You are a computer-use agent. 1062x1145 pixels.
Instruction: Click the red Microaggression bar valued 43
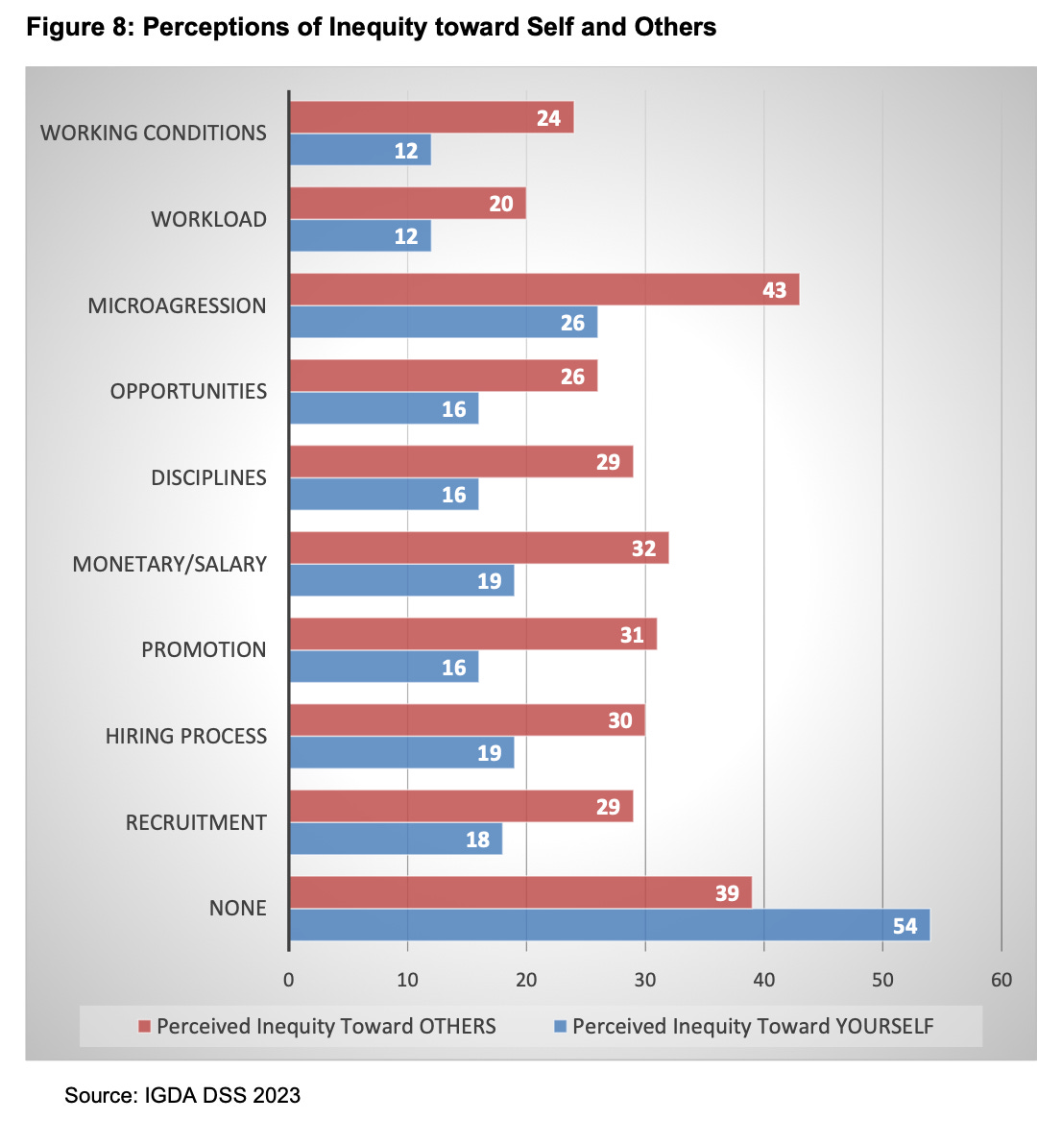point(543,290)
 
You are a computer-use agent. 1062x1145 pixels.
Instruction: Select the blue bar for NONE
point(609,926)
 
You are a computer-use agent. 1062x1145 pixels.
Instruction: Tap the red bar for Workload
point(407,204)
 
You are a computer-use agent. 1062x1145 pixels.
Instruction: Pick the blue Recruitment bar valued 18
point(395,840)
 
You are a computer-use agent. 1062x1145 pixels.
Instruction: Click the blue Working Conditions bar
point(359,151)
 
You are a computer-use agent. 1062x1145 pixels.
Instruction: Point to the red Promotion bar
point(472,634)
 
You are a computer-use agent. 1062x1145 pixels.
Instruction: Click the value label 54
point(905,926)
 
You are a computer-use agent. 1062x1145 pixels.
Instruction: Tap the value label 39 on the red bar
point(727,893)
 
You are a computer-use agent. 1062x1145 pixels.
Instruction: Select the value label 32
point(643,548)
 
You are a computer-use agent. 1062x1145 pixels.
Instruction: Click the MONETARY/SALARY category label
point(170,564)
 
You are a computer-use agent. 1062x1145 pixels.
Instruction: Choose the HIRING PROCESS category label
point(186,736)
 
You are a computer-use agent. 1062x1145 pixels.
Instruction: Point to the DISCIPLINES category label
point(208,477)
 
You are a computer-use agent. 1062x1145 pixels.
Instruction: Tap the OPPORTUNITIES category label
point(188,391)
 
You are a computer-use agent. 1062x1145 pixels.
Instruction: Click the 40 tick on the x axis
point(763,980)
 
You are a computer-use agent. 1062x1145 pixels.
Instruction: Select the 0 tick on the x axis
point(289,980)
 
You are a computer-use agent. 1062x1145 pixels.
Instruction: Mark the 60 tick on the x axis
point(1001,980)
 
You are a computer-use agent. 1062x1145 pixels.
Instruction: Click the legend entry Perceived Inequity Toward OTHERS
point(326,1026)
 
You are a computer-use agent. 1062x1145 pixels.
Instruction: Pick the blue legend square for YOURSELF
point(561,1026)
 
